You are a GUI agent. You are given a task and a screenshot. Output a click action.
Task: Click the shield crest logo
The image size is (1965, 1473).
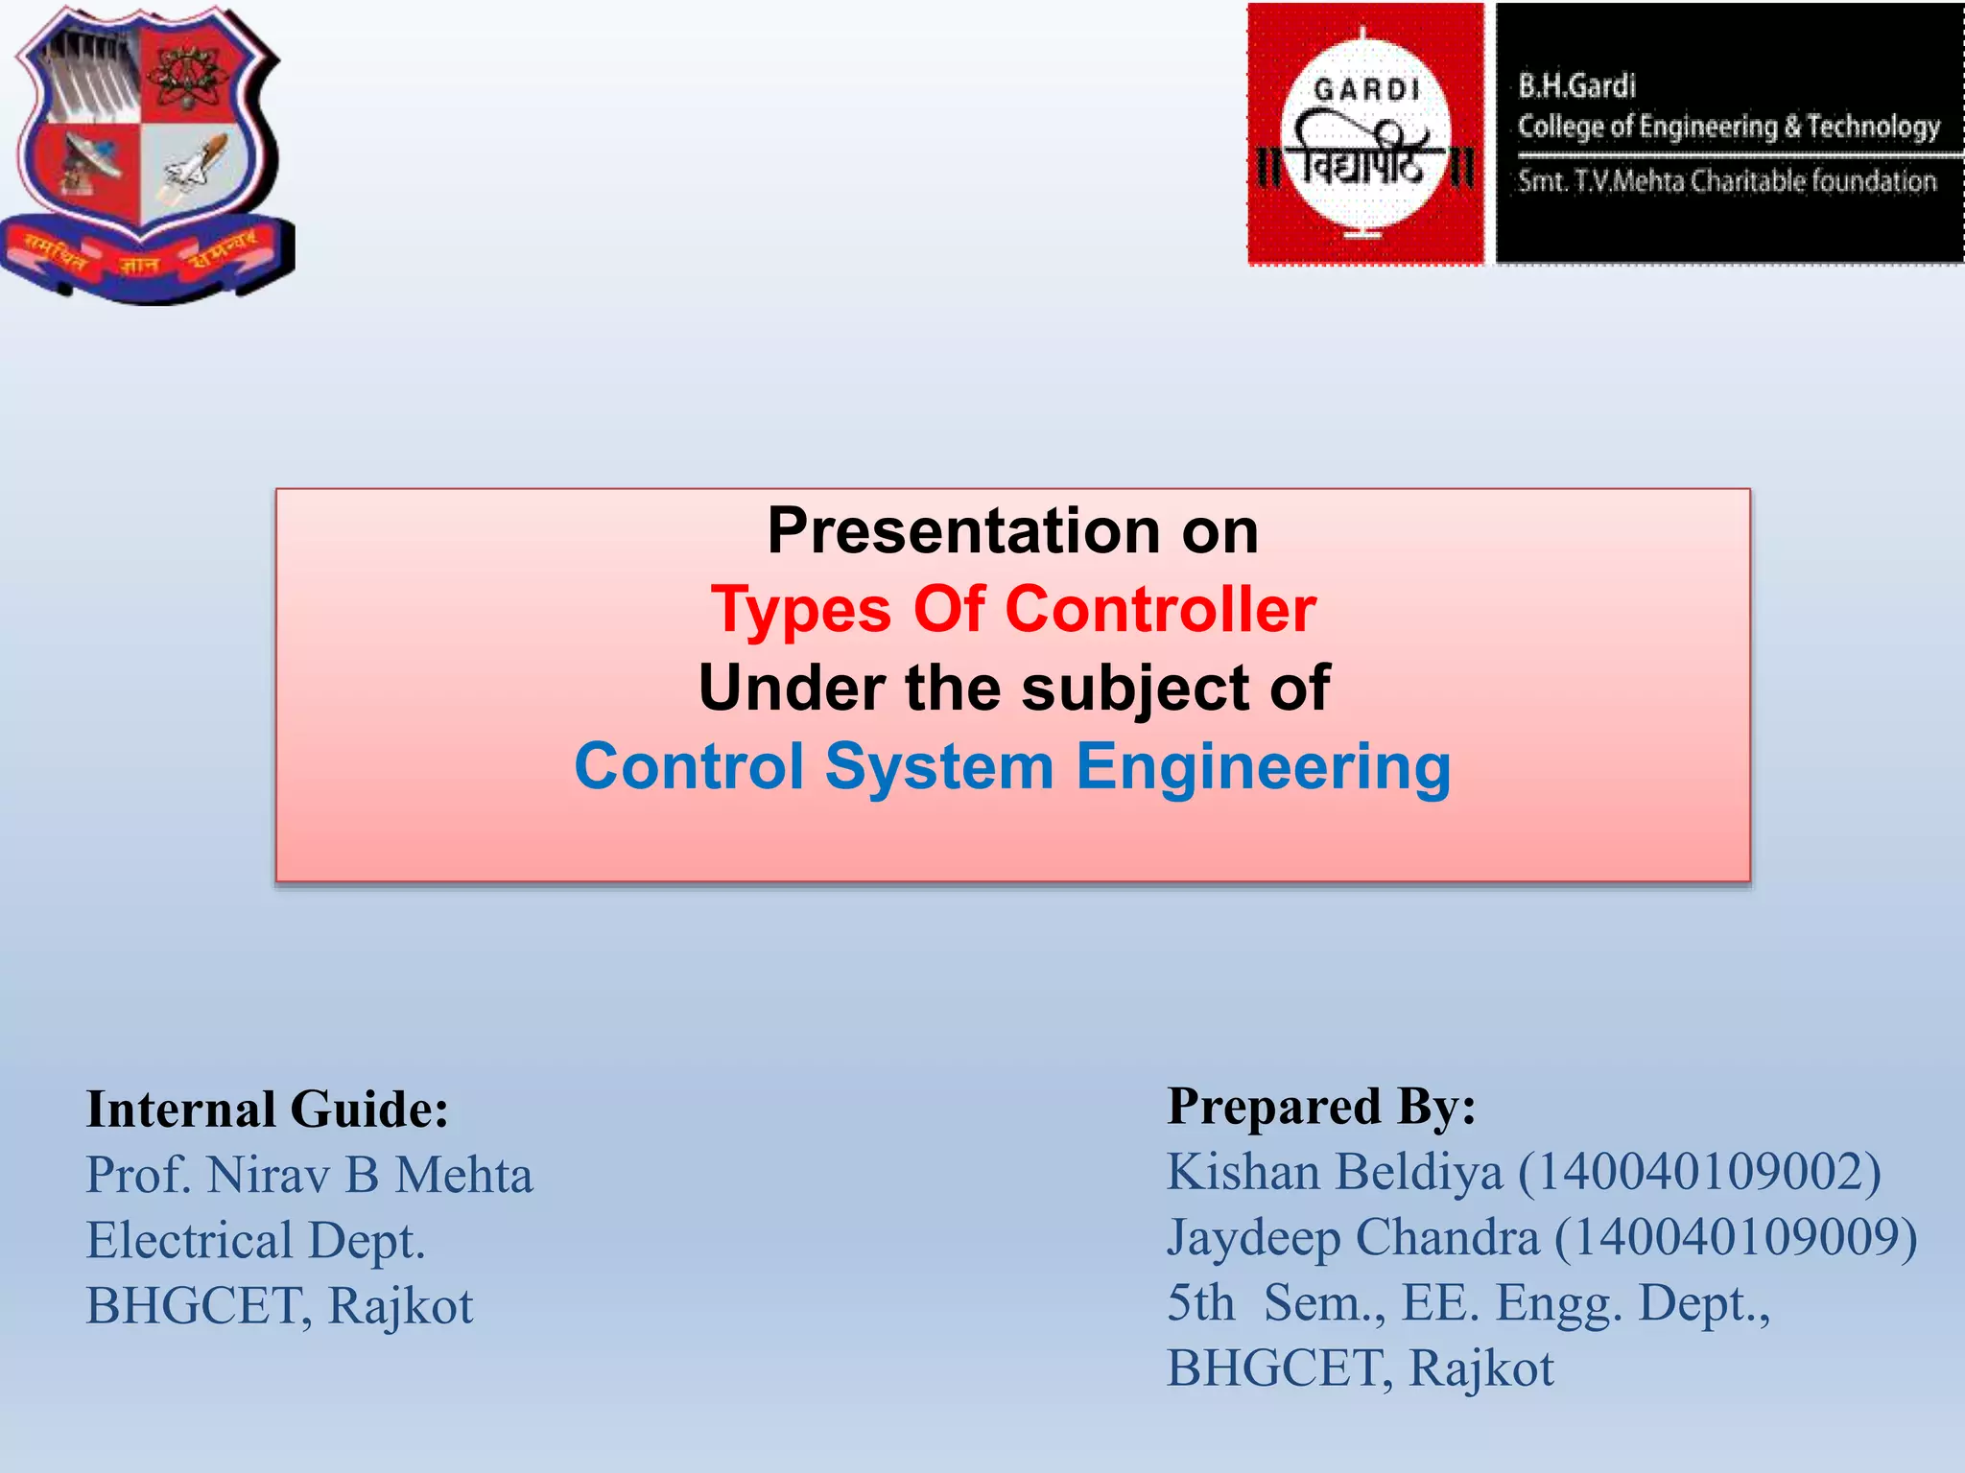[146, 153]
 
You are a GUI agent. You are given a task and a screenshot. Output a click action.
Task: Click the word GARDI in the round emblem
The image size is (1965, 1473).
[1366, 90]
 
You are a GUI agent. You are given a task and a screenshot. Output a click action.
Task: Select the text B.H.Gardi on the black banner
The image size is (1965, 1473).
[1576, 86]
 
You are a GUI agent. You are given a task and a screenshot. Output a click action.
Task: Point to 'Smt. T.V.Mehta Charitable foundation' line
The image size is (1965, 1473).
[1726, 181]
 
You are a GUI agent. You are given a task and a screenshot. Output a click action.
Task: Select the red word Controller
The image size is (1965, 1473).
[1160, 610]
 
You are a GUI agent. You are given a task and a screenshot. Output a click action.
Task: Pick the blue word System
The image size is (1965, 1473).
[939, 767]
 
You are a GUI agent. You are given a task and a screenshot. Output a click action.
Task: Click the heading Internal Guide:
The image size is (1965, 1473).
[267, 1110]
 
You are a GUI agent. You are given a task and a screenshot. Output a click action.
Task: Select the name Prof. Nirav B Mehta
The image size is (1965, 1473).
[309, 1175]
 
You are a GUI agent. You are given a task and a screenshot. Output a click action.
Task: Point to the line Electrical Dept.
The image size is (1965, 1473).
[255, 1240]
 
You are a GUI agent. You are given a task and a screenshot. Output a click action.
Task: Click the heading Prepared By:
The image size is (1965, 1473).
[1321, 1106]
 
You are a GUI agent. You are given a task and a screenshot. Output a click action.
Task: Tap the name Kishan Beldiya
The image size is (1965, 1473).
[1335, 1172]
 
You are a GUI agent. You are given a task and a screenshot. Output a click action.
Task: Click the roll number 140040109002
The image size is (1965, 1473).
[1699, 1172]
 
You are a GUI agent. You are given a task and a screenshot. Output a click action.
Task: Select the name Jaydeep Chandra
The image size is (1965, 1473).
[1353, 1237]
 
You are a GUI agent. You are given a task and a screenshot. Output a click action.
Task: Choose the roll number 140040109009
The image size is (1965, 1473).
[1736, 1237]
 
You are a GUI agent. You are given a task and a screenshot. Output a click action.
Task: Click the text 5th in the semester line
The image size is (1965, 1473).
[1200, 1302]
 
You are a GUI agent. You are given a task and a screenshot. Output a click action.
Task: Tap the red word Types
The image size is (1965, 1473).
[801, 610]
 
